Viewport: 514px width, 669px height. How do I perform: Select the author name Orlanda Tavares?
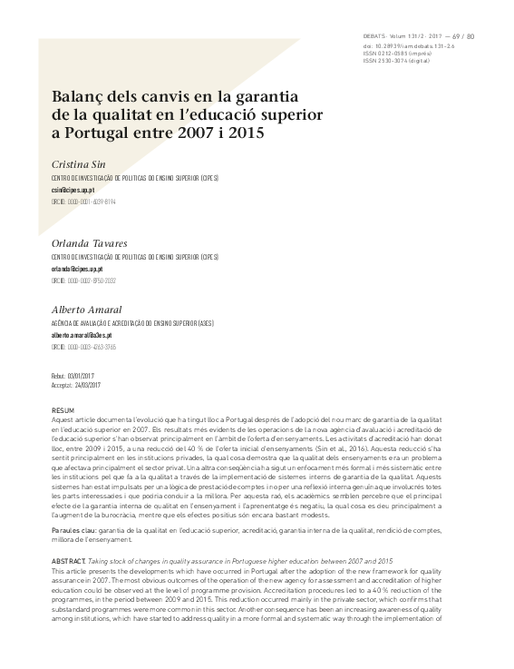(x=89, y=242)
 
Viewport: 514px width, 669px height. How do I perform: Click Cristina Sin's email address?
(x=73, y=191)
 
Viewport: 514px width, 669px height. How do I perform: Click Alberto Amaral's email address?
(x=81, y=335)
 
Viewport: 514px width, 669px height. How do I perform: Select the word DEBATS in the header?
(x=373, y=36)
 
